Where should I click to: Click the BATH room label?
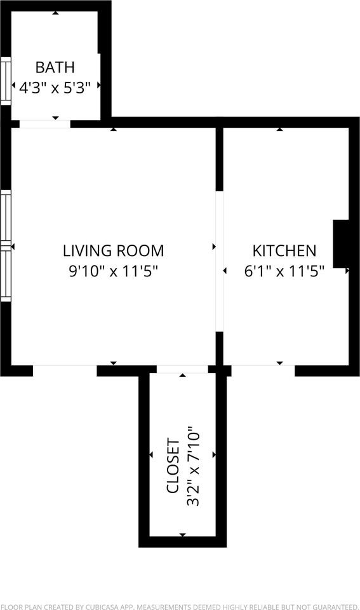tap(55, 67)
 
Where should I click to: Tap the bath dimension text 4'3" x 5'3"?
tap(55, 87)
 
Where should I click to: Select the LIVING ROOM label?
tap(113, 250)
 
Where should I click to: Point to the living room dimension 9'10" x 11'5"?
tap(113, 271)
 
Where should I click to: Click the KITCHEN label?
tap(284, 250)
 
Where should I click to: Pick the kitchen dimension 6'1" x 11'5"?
tap(284, 271)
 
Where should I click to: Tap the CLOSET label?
tap(173, 466)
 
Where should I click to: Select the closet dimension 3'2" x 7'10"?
tap(194, 468)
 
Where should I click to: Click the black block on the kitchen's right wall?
tap(341, 243)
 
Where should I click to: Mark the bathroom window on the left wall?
tap(6, 81)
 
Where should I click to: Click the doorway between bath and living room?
tap(44, 123)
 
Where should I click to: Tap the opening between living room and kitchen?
tap(219, 261)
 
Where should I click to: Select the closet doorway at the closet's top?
tap(182, 369)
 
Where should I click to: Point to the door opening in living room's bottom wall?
tap(64, 369)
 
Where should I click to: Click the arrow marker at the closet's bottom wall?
tap(183, 535)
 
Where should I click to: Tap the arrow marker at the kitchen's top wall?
tap(279, 130)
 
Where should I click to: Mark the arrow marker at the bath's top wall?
tap(55, 13)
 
